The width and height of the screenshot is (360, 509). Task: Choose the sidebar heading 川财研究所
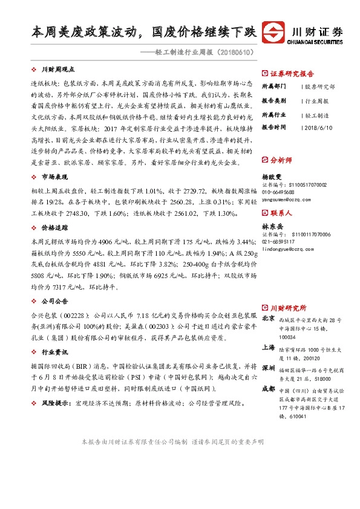pos(288,308)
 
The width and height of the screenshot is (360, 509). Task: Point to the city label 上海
pos(269,348)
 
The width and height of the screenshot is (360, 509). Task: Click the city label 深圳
pos(269,368)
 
